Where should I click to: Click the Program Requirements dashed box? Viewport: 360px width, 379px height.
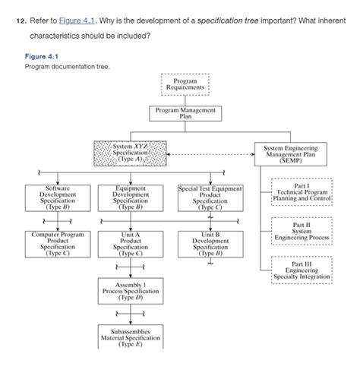point(185,84)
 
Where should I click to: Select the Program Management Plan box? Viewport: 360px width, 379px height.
point(185,114)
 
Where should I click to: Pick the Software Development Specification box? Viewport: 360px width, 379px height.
point(58,196)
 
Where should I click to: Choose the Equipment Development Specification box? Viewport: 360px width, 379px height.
point(131,196)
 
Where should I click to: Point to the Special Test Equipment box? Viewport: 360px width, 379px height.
point(210,197)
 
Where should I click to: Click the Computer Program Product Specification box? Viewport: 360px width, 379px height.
point(58,245)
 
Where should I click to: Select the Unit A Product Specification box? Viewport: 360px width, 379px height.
point(131,245)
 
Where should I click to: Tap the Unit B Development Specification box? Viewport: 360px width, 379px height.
point(210,245)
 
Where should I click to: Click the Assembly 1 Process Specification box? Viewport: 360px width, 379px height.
point(131,292)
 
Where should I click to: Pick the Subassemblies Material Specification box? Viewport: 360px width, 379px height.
point(131,338)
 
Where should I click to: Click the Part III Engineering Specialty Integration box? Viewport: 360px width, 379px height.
point(302,270)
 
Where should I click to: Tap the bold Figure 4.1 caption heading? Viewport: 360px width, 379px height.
point(40,55)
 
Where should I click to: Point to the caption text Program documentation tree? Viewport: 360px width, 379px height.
point(67,66)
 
